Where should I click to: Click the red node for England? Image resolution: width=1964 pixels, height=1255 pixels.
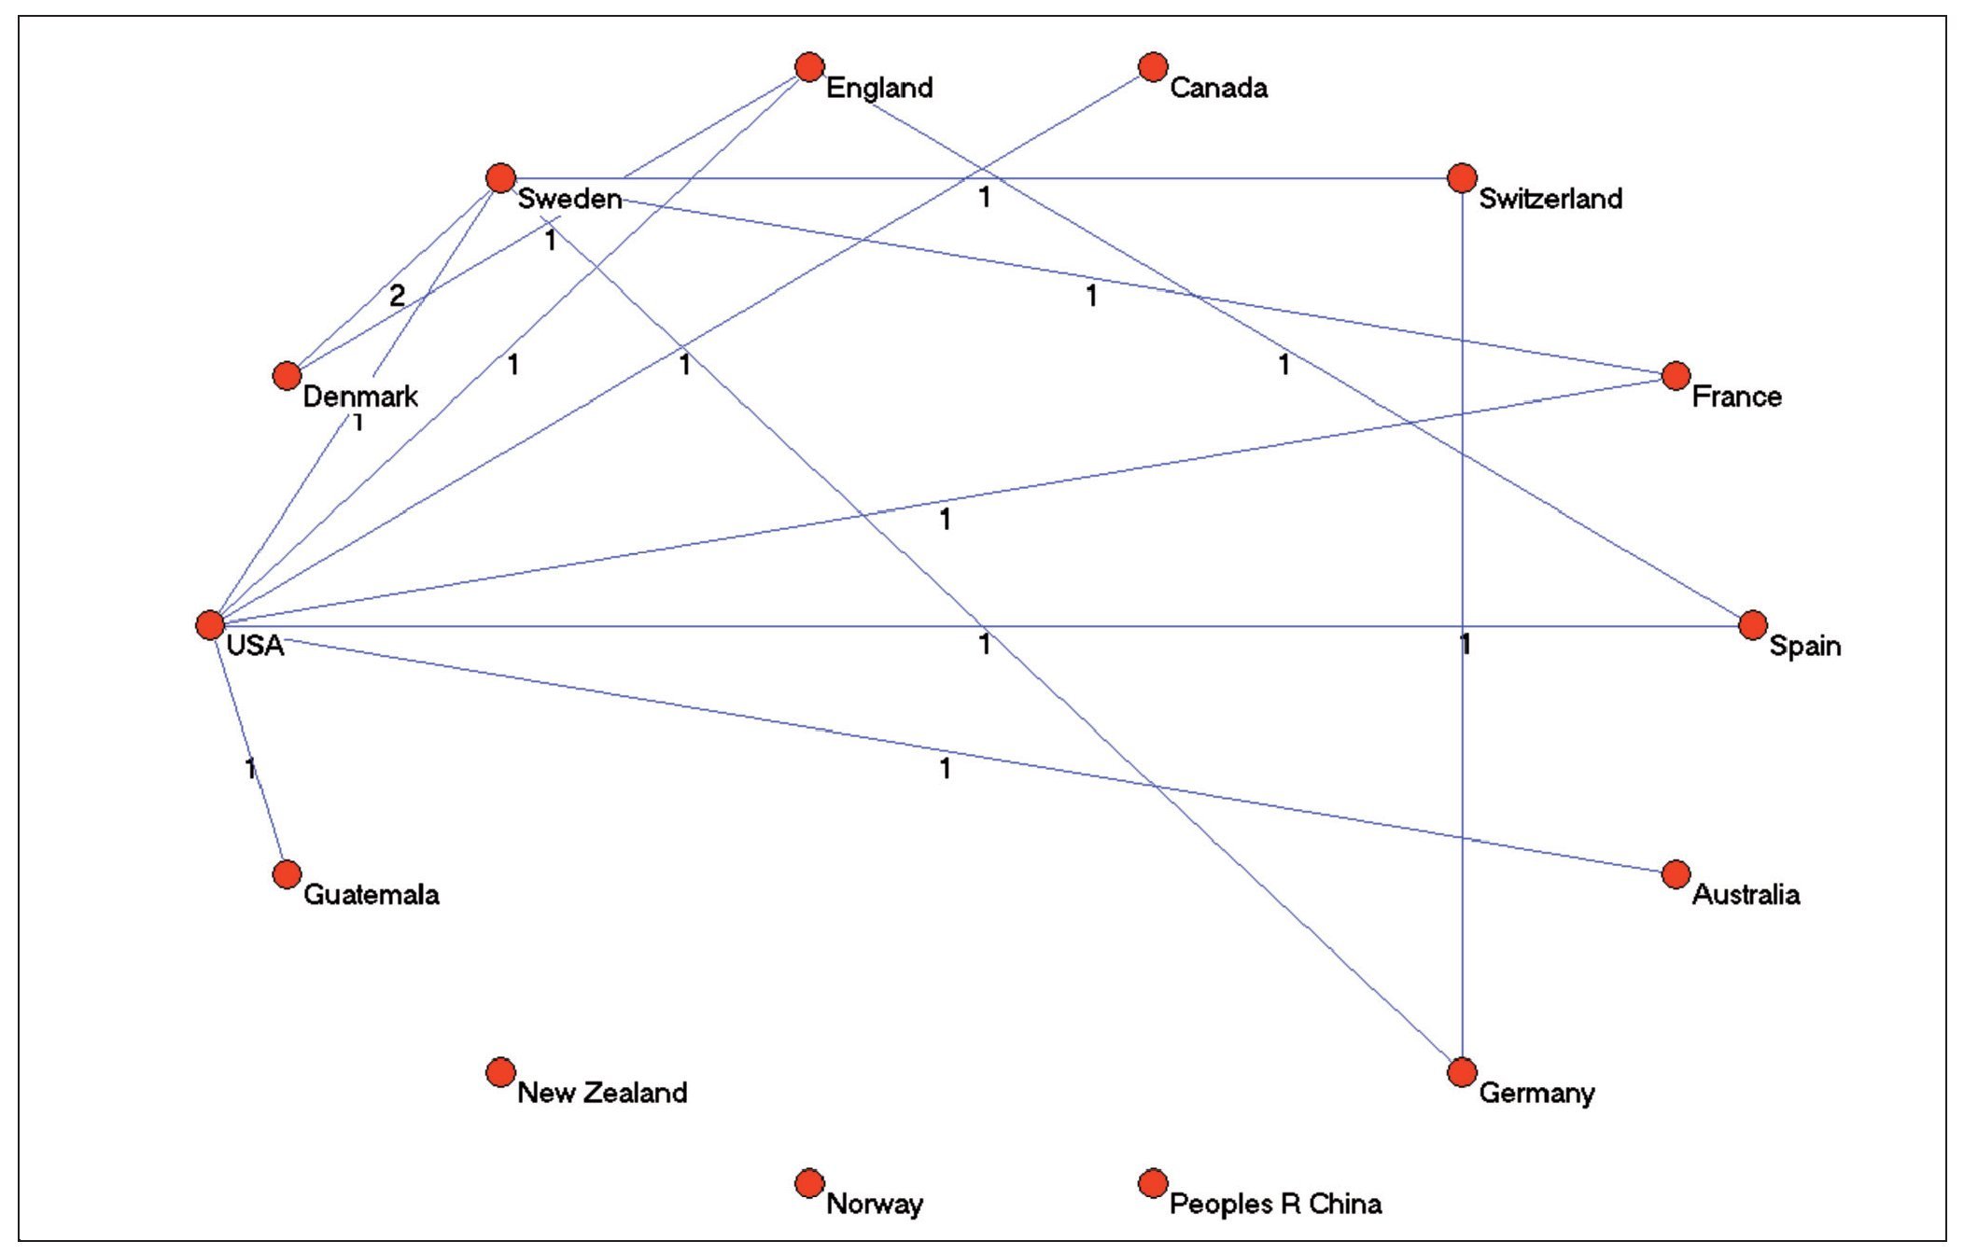click(x=809, y=66)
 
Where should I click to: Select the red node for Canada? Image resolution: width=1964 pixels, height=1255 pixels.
click(x=1153, y=66)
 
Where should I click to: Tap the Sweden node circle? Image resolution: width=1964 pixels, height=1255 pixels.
click(x=501, y=177)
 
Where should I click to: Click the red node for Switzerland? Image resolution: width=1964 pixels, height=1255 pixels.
click(x=1462, y=177)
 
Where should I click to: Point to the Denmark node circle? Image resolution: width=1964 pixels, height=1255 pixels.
click(x=287, y=375)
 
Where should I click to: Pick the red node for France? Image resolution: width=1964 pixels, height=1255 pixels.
click(x=1676, y=375)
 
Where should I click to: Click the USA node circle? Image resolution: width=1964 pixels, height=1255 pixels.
click(x=210, y=624)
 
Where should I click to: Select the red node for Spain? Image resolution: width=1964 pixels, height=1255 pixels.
click(x=1753, y=624)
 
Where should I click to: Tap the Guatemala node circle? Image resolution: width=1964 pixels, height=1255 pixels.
click(x=287, y=873)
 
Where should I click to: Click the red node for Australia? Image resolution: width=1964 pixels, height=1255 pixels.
click(x=1676, y=873)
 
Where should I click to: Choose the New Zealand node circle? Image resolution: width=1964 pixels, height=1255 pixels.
click(x=501, y=1071)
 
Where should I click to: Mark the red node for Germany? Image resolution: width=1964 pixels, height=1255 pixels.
click(x=1462, y=1071)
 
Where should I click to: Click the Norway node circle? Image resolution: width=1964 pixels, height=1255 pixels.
click(x=809, y=1182)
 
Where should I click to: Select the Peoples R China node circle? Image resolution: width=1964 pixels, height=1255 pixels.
click(x=1153, y=1182)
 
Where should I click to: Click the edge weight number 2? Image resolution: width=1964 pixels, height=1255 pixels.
click(x=397, y=296)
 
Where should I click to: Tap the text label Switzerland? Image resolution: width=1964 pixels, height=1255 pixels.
click(x=1550, y=199)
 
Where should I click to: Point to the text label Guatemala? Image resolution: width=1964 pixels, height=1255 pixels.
click(x=371, y=895)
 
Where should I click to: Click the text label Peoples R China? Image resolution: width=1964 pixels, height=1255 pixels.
click(x=1275, y=1204)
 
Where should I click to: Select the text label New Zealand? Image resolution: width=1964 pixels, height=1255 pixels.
click(x=602, y=1093)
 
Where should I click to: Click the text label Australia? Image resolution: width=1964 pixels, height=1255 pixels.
click(x=1746, y=895)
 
